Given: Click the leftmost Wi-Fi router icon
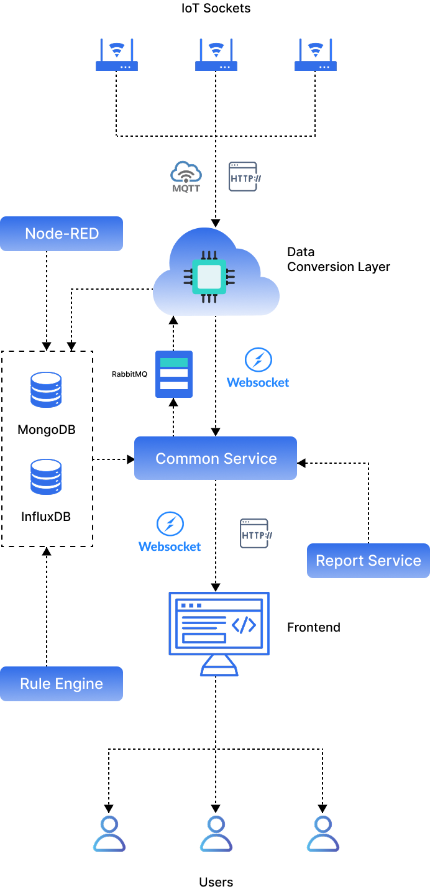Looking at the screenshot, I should (x=117, y=55).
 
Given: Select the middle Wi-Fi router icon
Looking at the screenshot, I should (x=216, y=55).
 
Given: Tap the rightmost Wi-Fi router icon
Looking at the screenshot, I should (x=316, y=55).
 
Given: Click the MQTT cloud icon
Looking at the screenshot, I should (x=186, y=177).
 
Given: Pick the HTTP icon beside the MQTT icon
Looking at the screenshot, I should (x=244, y=177).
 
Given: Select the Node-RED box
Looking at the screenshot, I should (x=62, y=234).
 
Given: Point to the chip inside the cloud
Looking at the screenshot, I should (x=209, y=277).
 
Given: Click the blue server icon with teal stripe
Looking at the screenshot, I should (x=174, y=374).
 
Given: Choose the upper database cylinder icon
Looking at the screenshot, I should (x=46, y=390).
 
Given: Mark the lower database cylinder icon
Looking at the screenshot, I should (x=46, y=477).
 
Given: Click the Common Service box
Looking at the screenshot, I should (x=216, y=458).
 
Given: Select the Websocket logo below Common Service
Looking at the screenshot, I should (x=170, y=532).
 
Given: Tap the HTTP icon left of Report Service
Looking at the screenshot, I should (x=255, y=533).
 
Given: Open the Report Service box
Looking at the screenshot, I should (x=368, y=561).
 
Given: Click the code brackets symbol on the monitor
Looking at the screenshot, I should (x=244, y=625).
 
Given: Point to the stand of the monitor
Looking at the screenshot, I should (x=219, y=666).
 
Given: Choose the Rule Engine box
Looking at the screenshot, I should (x=62, y=684).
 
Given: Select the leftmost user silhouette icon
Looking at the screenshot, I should (x=109, y=834).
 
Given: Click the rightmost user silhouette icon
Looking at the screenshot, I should (x=322, y=834).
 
